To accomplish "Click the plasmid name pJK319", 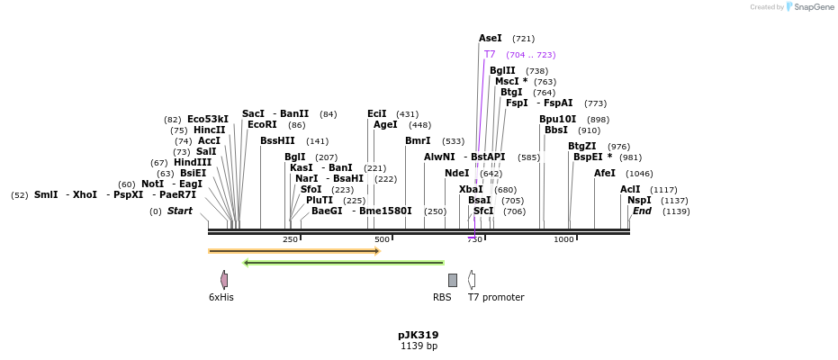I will coord(419,335).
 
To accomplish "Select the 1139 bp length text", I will coord(419,346).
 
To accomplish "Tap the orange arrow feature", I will coord(294,251).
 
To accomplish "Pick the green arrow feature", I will coord(344,263).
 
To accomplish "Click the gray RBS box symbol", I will coord(453,280).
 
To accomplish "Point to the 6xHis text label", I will coord(221,297).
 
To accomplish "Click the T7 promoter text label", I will coord(496,297).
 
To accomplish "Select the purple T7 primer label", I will coord(490,55).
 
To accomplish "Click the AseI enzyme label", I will coord(491,39).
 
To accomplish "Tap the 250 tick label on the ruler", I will coord(290,239).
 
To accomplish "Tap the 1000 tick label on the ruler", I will coord(563,239).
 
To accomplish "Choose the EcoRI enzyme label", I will coord(262,125).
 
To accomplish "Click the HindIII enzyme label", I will coord(193,163).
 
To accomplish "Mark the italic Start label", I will coord(180,211).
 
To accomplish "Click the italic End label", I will coord(642,211).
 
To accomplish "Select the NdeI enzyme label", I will coord(457,173).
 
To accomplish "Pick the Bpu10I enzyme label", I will coord(557,119).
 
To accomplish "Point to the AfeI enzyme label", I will coord(605,173).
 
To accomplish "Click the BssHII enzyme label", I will coord(277,140).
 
